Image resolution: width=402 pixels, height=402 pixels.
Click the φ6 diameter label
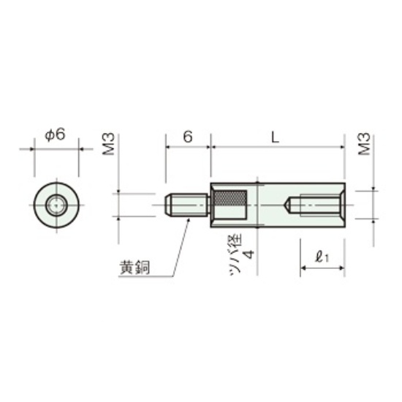(55, 134)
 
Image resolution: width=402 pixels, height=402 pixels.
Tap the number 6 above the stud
(188, 137)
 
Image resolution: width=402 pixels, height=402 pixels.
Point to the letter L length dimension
(275, 137)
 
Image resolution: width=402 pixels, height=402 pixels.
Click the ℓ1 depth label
(322, 257)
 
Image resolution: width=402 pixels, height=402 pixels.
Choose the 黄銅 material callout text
(134, 267)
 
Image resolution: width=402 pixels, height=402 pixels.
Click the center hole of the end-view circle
(55, 205)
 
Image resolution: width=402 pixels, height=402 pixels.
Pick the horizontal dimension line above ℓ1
(322, 270)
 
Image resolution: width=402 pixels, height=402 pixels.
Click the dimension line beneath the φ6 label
(55, 148)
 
